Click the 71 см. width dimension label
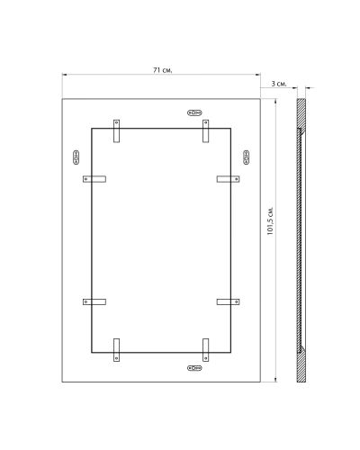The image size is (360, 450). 163,70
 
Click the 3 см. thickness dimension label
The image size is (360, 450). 279,84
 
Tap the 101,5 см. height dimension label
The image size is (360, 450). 270,220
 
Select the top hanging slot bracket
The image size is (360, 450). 194,112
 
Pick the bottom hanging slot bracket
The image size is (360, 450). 194,368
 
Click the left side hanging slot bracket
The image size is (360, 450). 76,157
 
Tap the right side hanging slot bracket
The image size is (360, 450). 247,157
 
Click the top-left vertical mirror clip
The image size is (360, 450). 116,131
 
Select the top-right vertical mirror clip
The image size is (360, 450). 205,131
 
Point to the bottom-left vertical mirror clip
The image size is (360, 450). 116,350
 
